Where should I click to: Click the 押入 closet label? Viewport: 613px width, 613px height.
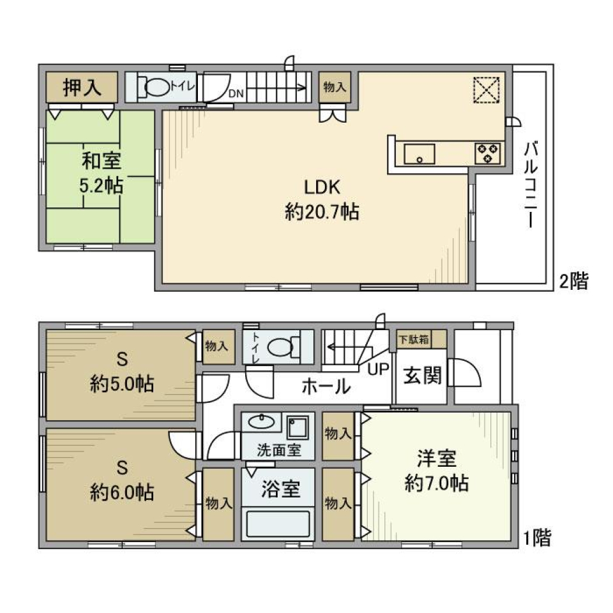[x=81, y=87]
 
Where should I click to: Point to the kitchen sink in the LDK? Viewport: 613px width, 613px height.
[x=419, y=154]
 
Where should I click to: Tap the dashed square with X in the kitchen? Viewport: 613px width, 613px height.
[x=487, y=91]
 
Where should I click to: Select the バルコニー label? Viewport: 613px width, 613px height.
[x=529, y=185]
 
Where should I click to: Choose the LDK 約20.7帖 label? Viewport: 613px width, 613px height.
[x=321, y=200]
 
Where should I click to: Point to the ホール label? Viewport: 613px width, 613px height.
[x=325, y=386]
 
